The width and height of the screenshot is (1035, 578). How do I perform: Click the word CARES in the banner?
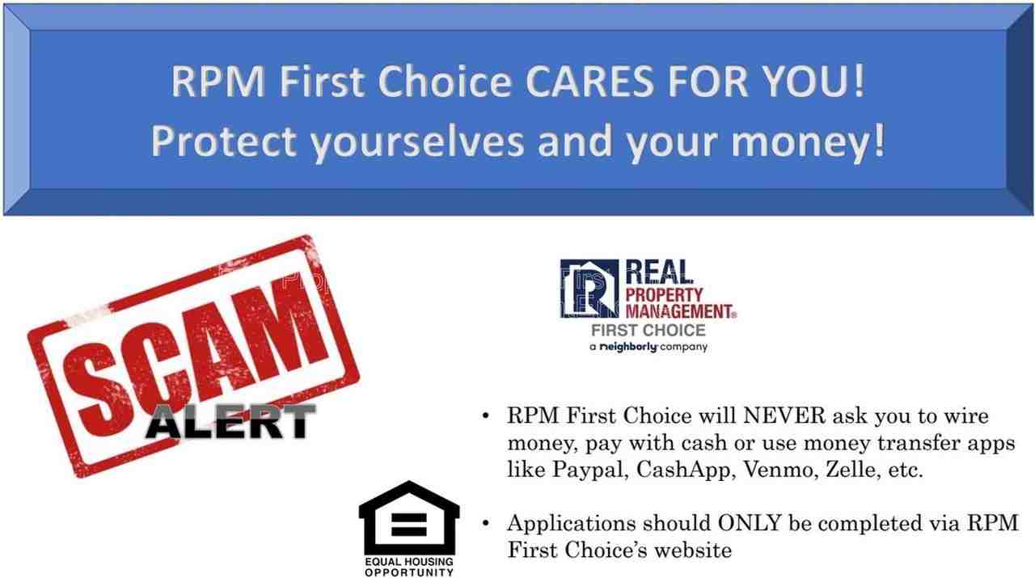point(589,82)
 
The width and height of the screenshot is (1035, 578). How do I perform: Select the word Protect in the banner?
point(224,141)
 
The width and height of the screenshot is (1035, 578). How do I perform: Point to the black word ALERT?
point(231,421)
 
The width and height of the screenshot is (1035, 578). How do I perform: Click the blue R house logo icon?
point(589,289)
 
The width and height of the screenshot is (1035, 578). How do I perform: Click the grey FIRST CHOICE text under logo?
point(648,331)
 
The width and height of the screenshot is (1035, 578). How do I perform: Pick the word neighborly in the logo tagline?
point(628,347)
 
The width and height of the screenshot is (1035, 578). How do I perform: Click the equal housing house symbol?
point(409,517)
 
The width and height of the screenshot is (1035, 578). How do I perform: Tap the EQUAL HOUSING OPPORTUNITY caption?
point(409,567)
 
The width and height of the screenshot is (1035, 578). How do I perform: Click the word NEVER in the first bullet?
point(784,416)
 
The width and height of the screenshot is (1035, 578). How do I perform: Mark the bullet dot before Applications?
point(485,524)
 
